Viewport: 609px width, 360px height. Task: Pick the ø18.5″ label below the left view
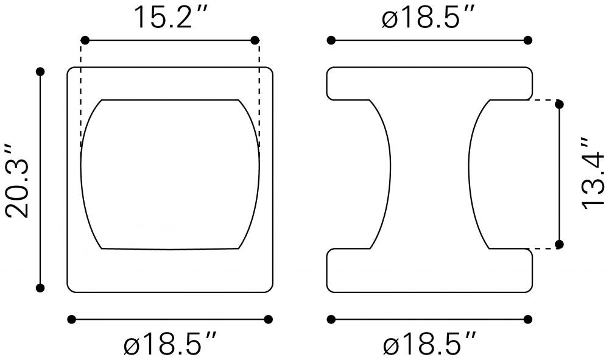[171, 342]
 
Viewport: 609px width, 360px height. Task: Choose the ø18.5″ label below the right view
[429, 342]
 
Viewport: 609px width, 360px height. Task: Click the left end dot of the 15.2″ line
[85, 40]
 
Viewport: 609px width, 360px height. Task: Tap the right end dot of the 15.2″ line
[255, 40]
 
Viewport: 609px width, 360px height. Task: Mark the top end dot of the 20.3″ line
[40, 71]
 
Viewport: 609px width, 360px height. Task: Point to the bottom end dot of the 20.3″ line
[40, 288]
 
